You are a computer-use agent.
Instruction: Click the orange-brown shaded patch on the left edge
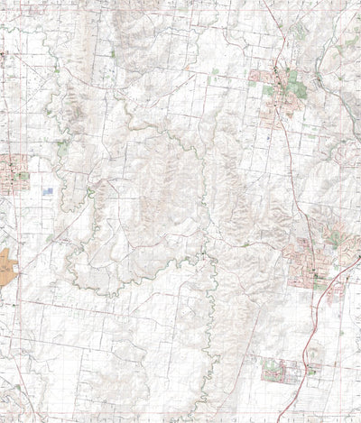(x=6, y=267)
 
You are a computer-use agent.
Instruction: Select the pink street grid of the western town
(x=13, y=171)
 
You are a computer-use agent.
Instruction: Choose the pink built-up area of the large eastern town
(x=302, y=257)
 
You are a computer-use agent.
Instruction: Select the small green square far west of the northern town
(x=113, y=53)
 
